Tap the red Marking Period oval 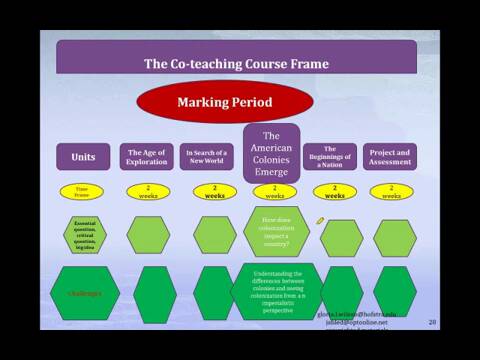click(x=225, y=102)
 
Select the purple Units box click(x=83, y=157)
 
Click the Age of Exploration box click(x=148, y=157)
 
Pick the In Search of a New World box click(x=207, y=157)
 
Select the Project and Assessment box click(x=389, y=157)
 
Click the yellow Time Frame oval click(x=82, y=191)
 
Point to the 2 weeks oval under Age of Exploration click(x=148, y=191)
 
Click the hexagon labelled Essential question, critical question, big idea click(x=84, y=236)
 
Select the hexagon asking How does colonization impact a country click(x=275, y=231)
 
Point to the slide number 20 click(x=432, y=322)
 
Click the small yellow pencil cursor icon click(x=320, y=218)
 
